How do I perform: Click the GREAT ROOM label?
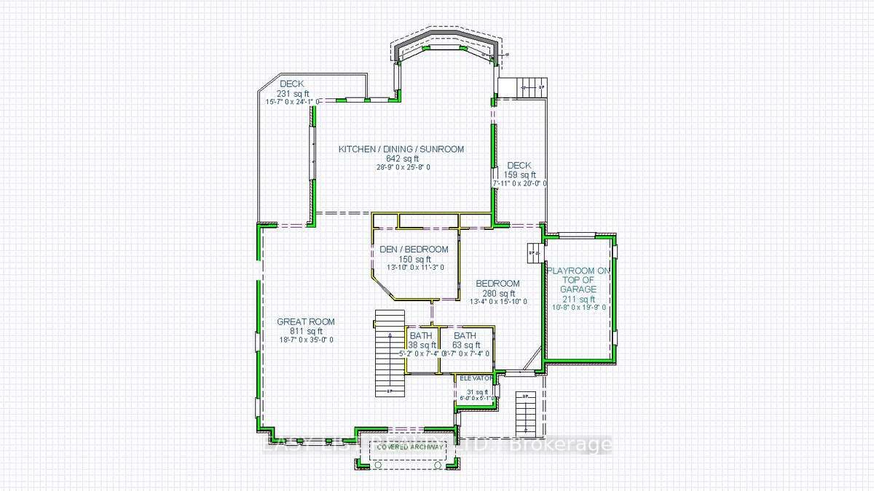[x=306, y=322]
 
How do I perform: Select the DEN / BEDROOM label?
[x=414, y=250]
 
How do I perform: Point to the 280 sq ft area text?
[x=497, y=293]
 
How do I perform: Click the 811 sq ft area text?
[x=306, y=331]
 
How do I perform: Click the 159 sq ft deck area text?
[x=521, y=175]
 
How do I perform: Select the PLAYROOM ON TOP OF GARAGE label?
[x=578, y=279]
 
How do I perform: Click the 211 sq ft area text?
[x=578, y=299]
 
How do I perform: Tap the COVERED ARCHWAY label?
[x=409, y=447]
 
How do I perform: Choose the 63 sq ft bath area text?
[x=464, y=345]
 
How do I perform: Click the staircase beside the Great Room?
[x=390, y=353]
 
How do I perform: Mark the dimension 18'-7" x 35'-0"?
[x=306, y=340]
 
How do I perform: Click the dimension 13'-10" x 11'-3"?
[x=414, y=267]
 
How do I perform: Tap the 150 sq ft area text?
[x=414, y=259]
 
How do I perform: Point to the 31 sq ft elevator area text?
[x=478, y=391]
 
